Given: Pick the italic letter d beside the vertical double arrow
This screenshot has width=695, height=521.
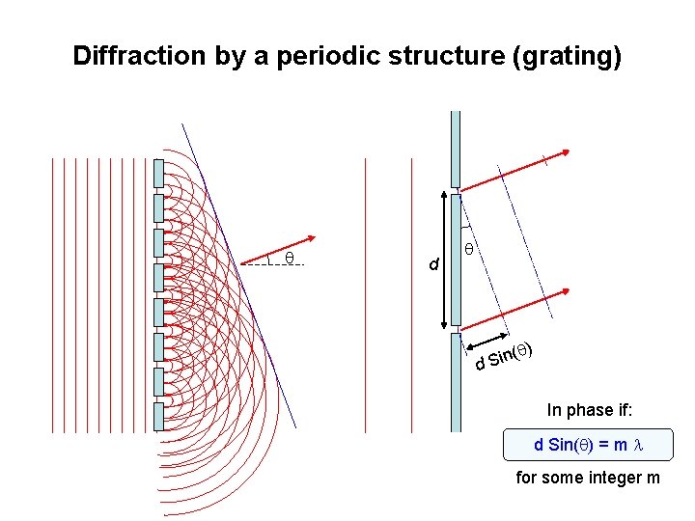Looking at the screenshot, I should point(434,263).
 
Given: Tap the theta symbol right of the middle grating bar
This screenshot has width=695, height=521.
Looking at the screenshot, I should point(468,249).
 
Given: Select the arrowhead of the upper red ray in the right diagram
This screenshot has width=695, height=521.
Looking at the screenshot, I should point(567,151).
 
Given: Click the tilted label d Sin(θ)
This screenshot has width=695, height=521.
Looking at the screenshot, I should point(505,356).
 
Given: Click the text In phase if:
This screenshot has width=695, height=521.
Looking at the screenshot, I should point(590,410).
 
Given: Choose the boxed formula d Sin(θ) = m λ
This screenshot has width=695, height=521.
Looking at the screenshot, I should point(589,445).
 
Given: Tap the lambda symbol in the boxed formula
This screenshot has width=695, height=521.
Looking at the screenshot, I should point(637,446).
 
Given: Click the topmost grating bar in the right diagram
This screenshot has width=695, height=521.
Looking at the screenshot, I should point(456,150).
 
